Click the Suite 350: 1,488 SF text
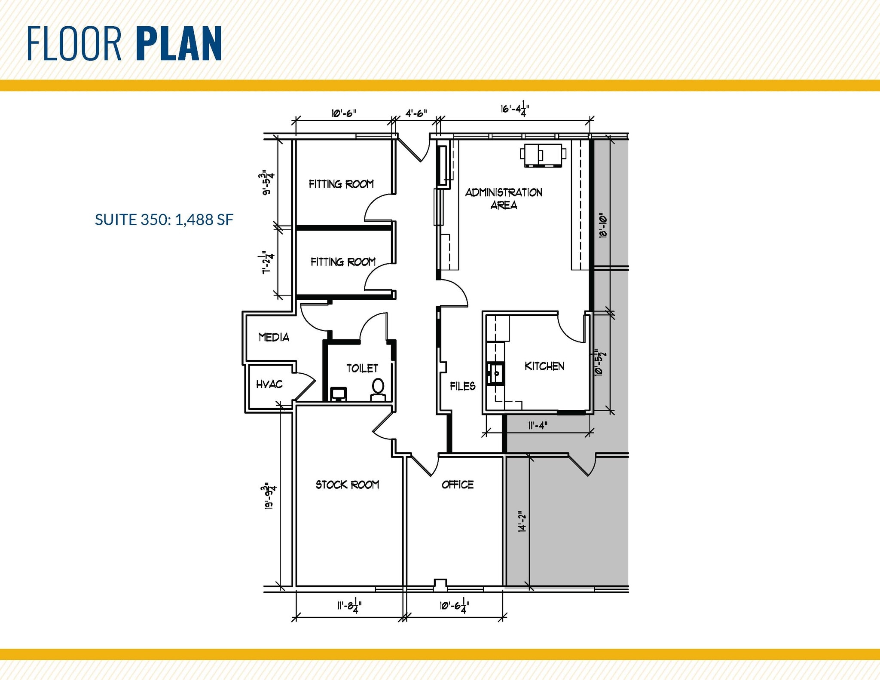pyautogui.click(x=164, y=220)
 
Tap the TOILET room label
pyautogui.click(x=362, y=368)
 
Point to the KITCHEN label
pyautogui.click(x=544, y=366)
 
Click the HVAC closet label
pyautogui.click(x=269, y=384)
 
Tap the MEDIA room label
pyautogui.click(x=274, y=337)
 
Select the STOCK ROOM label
pyautogui.click(x=347, y=485)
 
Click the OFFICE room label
pyautogui.click(x=458, y=485)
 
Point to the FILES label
pyautogui.click(x=462, y=386)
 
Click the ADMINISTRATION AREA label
pyautogui.click(x=504, y=198)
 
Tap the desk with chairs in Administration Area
pyautogui.click(x=543, y=155)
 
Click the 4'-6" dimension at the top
pyautogui.click(x=416, y=113)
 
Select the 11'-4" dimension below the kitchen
pyautogui.click(x=538, y=426)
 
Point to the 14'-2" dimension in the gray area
pyautogui.click(x=522, y=521)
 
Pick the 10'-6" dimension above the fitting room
pyautogui.click(x=343, y=113)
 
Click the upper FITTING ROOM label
pyautogui.click(x=341, y=184)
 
